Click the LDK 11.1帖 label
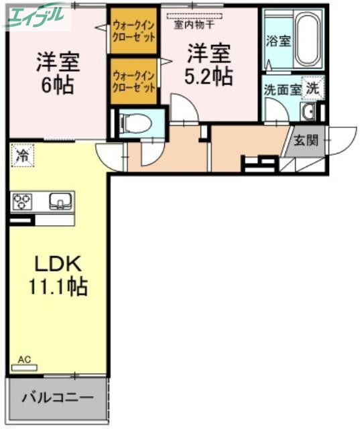[x=57, y=275]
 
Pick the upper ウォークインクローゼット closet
[x=134, y=31]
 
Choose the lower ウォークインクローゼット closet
[x=134, y=82]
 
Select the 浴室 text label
[x=278, y=41]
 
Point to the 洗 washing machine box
[x=313, y=86]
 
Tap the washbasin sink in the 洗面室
[x=310, y=111]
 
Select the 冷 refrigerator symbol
[x=22, y=157]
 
